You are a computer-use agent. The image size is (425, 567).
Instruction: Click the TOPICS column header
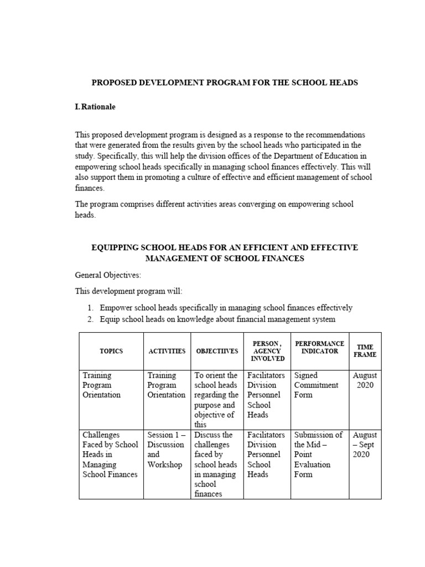click(111, 352)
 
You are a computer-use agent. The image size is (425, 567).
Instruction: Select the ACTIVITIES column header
click(167, 352)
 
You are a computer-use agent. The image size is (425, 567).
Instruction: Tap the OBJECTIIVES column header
click(217, 352)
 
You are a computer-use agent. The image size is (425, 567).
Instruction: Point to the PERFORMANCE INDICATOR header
click(319, 347)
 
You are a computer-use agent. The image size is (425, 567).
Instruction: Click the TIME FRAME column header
click(365, 350)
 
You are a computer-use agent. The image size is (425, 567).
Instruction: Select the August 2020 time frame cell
click(365, 380)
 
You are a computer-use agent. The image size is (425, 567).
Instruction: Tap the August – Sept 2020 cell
click(365, 445)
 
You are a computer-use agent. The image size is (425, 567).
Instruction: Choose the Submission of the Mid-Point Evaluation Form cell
click(318, 455)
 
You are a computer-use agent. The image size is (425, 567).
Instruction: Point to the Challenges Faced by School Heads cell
click(110, 455)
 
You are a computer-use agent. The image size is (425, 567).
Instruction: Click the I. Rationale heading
click(95, 107)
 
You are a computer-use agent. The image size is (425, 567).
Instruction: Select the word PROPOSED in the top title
click(112, 83)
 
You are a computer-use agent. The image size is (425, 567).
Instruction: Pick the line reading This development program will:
click(128, 291)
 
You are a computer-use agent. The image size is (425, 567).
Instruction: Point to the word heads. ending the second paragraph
click(85, 215)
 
